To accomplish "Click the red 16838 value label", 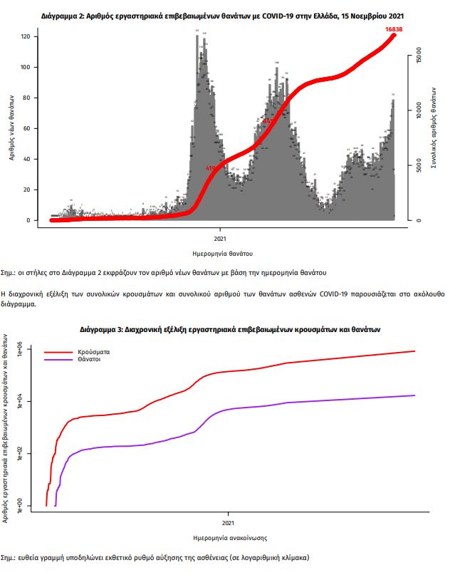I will tap(394, 29).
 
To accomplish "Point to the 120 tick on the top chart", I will tap(29, 36).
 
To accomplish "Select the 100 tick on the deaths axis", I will tap(29, 68).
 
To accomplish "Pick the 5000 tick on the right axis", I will tap(419, 168).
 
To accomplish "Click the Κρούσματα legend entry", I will tap(93, 352).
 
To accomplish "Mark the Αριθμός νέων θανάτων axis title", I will tap(12, 128).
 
